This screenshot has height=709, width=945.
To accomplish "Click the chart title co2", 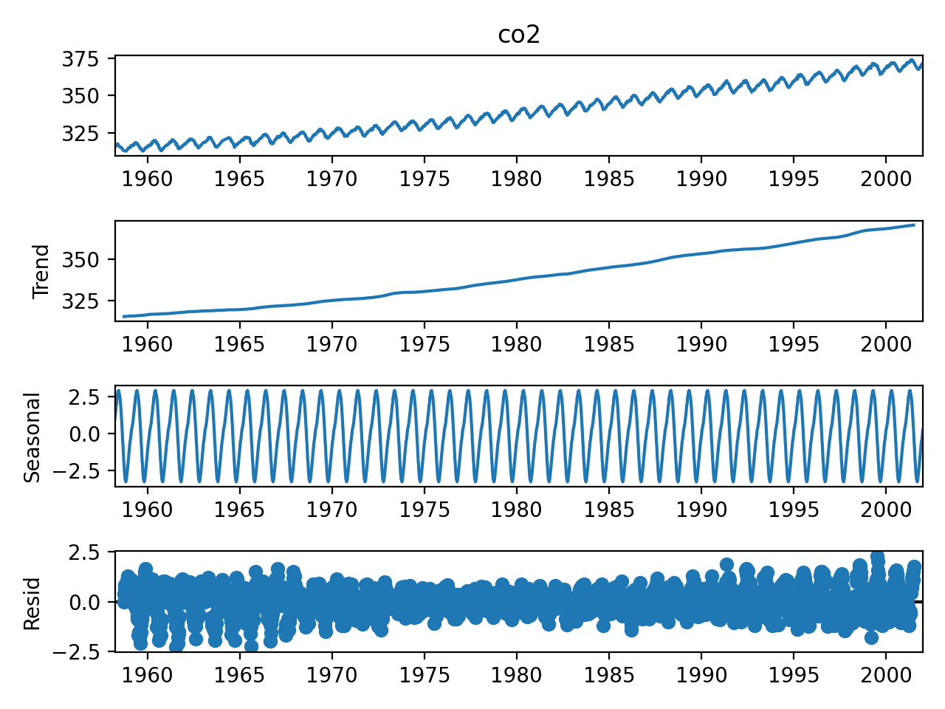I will point(519,34).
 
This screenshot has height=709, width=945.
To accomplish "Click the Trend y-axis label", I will point(41,271).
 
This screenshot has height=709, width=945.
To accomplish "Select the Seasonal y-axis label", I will point(32,437).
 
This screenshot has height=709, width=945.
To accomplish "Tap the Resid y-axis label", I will point(32,603).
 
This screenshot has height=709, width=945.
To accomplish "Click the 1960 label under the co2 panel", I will point(147,179).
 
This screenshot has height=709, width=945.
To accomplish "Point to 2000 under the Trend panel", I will point(886,344).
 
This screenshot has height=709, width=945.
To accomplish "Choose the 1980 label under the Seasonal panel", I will point(517,510).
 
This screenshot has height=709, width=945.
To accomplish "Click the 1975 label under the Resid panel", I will point(425,674).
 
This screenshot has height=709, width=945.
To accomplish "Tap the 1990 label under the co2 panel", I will point(701,179).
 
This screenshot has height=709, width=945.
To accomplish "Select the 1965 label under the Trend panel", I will point(239,344).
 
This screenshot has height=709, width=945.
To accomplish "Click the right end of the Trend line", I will point(915,225).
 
